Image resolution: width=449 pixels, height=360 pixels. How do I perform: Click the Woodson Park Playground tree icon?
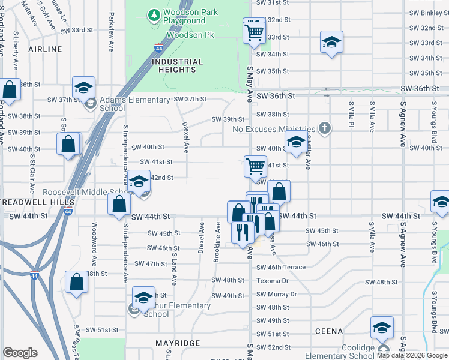coord(155,13)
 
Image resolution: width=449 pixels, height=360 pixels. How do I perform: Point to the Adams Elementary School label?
coord(135,104)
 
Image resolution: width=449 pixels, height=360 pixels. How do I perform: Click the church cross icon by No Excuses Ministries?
coord(325,128)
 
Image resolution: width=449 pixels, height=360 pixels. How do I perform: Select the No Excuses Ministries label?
coord(273,129)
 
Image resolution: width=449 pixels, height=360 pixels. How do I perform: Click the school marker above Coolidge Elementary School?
coord(382,328)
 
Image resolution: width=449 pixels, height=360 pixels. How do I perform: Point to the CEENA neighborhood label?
coord(328,331)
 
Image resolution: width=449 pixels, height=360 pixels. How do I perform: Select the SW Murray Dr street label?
coord(276,294)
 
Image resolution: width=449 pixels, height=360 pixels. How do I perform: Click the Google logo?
coord(20,353)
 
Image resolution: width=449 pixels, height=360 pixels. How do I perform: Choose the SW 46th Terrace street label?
coord(281,267)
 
